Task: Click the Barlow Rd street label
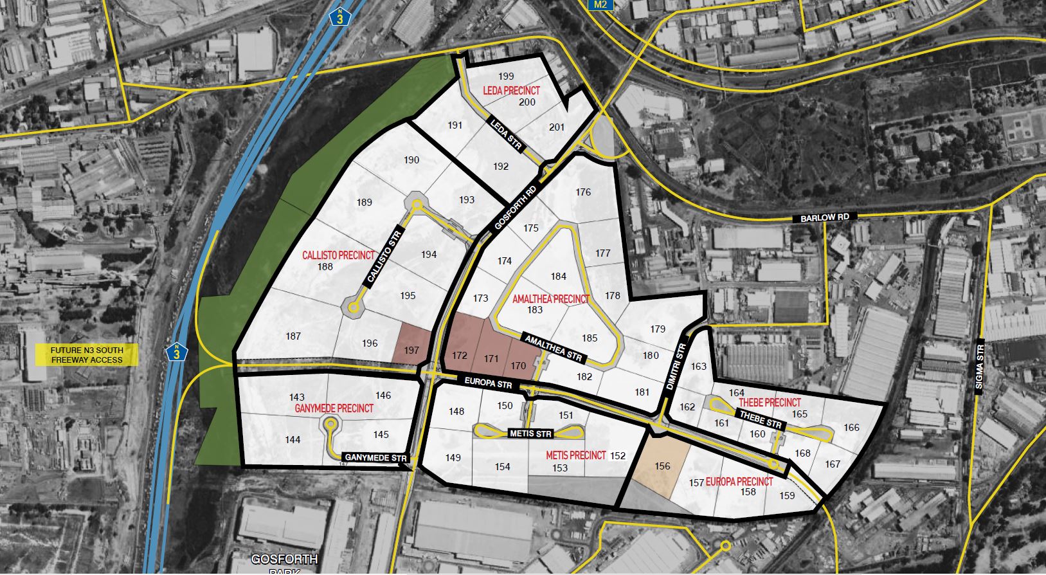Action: [825, 218]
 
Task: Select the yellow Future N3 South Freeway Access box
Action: [87, 355]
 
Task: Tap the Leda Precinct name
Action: [511, 91]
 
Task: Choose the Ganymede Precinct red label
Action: [334, 408]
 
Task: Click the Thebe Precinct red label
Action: [770, 403]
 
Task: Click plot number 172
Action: [460, 356]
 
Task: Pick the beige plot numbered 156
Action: [662, 466]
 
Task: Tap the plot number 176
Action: [583, 192]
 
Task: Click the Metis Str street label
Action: [530, 434]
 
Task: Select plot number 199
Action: [506, 77]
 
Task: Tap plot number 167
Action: [833, 464]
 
